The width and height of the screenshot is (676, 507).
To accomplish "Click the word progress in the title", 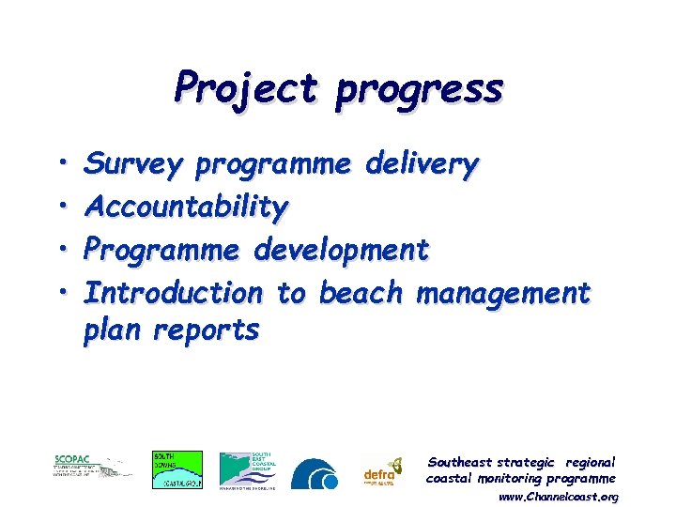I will [x=420, y=91].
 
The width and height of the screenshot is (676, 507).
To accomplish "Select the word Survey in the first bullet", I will [x=133, y=166].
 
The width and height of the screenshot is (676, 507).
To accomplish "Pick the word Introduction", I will [x=174, y=293].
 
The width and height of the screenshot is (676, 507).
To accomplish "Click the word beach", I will [x=361, y=293].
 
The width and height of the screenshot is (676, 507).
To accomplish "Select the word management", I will [x=503, y=295].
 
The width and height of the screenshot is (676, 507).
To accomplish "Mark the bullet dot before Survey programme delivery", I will [x=59, y=165].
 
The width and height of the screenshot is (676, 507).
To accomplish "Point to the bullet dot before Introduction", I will [x=59, y=292].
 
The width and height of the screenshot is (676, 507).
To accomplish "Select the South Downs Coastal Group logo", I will [x=177, y=469].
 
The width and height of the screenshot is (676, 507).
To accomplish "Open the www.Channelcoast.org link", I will [x=558, y=496].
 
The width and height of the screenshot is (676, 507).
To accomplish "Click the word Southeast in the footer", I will [x=460, y=462].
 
